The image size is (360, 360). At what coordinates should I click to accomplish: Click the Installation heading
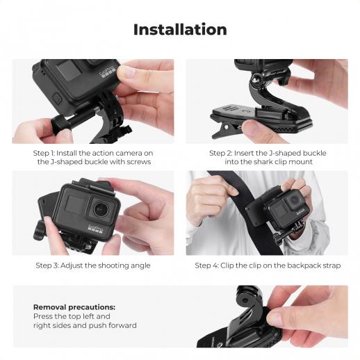pos(180,30)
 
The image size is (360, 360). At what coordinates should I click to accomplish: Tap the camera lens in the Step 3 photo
pos(101,208)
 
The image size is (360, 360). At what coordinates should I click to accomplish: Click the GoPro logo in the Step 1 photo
pos(108,72)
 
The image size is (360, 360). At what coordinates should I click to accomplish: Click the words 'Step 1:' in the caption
pos(43,154)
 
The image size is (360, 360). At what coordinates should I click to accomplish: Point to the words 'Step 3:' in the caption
pos(47,265)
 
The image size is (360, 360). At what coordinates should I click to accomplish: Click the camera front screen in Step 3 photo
pos(74,204)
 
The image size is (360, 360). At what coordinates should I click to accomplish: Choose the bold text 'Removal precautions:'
pos(74,307)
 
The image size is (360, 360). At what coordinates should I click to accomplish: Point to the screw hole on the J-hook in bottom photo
pos(244,300)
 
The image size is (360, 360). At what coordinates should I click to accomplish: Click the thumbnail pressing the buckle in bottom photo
pos(273,316)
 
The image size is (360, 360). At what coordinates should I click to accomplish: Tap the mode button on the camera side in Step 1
pos(58,99)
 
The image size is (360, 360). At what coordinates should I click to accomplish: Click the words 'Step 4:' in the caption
pos(206,265)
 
